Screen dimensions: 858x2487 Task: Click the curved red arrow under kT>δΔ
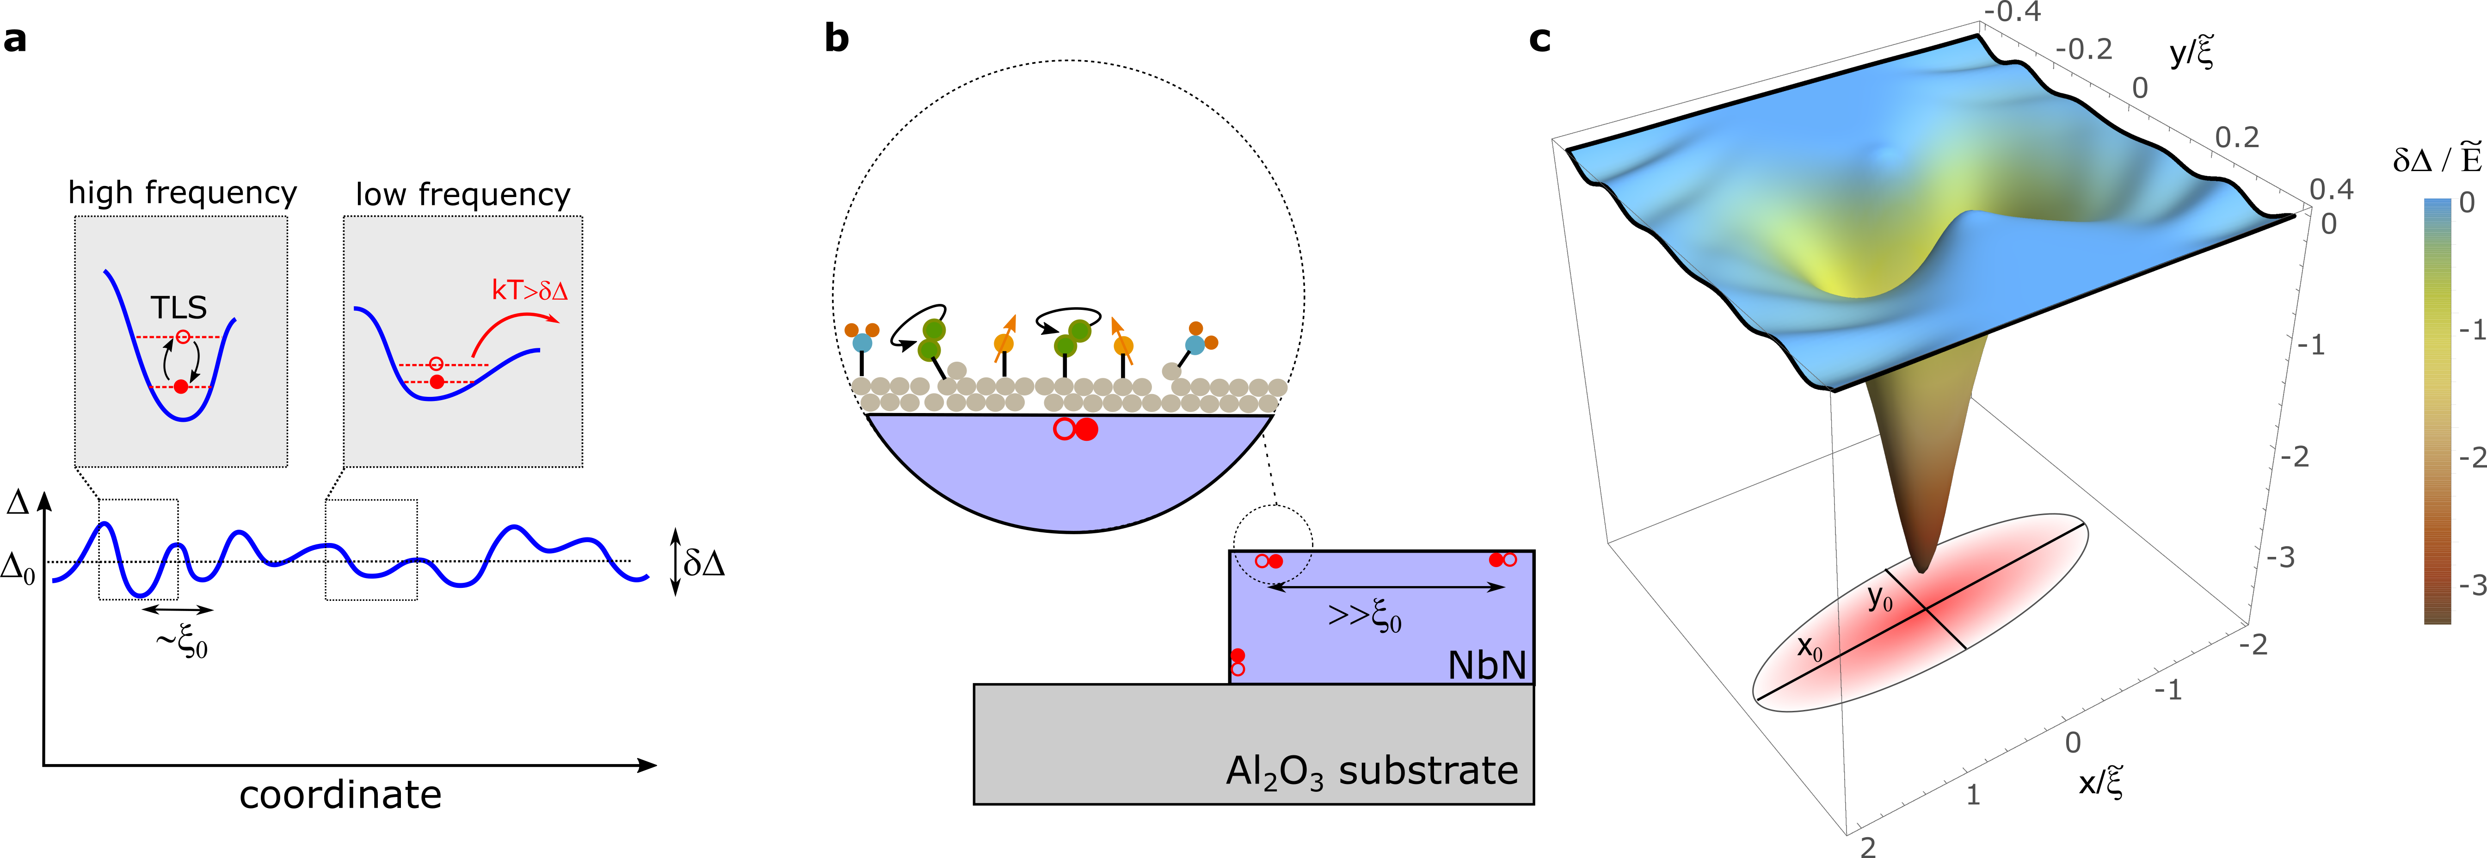(x=511, y=328)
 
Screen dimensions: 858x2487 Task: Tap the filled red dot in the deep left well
(x=180, y=386)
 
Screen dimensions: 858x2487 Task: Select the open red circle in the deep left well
(x=184, y=337)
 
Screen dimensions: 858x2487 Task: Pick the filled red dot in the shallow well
(x=437, y=382)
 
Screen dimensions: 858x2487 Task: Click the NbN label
(x=1487, y=665)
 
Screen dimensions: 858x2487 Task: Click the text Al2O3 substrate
(x=1371, y=771)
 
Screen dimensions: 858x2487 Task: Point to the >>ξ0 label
(x=1364, y=616)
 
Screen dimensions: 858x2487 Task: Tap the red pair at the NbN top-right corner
(x=1502, y=560)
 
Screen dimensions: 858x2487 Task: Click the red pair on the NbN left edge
(x=1237, y=662)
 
